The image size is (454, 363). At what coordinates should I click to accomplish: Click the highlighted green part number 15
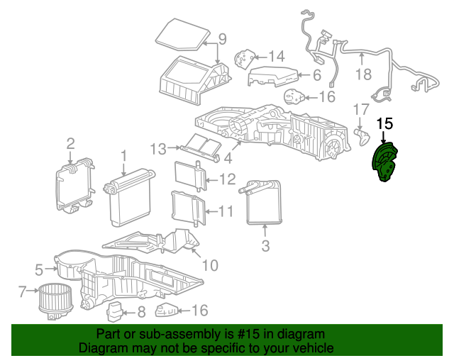coord(384,162)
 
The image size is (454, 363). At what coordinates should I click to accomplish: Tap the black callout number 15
coord(384,123)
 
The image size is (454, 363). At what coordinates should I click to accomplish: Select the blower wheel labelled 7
coord(55,301)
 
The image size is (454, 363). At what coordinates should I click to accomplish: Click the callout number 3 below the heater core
coord(265,246)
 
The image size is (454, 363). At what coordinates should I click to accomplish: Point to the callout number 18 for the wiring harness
coord(363,74)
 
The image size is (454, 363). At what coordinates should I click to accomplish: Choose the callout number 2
coord(71,144)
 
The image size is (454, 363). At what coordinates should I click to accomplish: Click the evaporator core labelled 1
coord(129,198)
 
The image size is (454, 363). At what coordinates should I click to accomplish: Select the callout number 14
coord(277,57)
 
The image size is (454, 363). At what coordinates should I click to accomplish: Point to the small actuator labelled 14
coord(245,59)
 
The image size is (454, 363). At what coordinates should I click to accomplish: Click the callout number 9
coord(222,39)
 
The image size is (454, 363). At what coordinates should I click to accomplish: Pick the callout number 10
coord(210,265)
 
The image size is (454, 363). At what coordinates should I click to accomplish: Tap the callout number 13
coord(158,149)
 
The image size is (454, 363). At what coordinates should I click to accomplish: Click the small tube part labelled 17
coord(362,138)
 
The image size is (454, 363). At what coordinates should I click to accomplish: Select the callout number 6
coord(317,75)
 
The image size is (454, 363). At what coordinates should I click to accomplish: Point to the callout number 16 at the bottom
coord(200,311)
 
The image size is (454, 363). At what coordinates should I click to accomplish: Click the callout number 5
coord(39,269)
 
